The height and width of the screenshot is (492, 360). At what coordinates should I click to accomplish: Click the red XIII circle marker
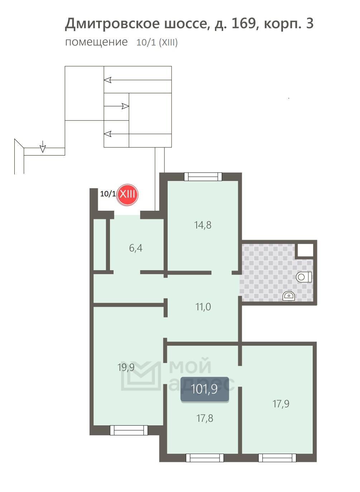click(x=127, y=195)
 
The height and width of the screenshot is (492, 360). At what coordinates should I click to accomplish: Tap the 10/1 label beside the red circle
click(x=108, y=194)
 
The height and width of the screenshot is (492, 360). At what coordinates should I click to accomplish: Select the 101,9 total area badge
click(x=205, y=389)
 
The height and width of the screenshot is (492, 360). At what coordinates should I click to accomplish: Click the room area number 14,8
click(x=203, y=225)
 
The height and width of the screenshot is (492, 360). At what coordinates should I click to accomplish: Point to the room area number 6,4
click(x=136, y=248)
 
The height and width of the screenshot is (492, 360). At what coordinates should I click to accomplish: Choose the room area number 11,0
click(x=203, y=307)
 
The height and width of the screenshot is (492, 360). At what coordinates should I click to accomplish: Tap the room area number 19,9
click(x=126, y=367)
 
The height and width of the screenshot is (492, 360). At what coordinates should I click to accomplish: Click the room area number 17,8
click(x=205, y=418)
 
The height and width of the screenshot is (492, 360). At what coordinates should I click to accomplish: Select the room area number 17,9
click(x=281, y=403)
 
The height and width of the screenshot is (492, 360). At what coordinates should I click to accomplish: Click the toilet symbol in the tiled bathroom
click(x=304, y=277)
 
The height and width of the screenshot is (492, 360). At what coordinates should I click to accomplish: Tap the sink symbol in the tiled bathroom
click(x=289, y=296)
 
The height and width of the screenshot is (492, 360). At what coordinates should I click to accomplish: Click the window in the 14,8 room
click(x=203, y=177)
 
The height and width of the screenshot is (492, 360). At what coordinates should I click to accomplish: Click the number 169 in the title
click(x=244, y=23)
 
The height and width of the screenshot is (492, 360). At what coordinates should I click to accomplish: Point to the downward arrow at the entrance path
click(x=43, y=147)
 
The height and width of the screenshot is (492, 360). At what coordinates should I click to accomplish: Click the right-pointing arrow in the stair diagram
click(x=116, y=106)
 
